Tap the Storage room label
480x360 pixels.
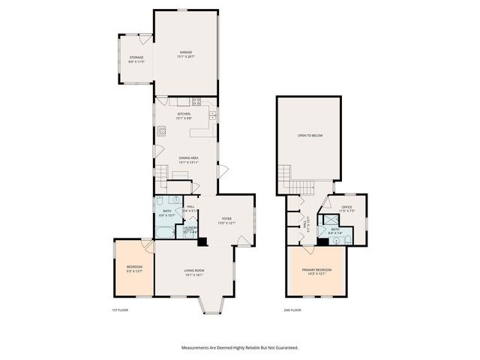tap(136, 58)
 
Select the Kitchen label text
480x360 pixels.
tap(184, 115)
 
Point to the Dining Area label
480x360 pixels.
tap(188, 159)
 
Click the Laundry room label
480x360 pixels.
tap(190, 230)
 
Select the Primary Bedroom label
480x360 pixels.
tap(316, 271)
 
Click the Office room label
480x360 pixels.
tap(346, 208)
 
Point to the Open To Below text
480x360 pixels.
tap(310, 136)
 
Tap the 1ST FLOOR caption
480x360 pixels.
tap(120, 310)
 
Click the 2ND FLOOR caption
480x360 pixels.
tap(292, 310)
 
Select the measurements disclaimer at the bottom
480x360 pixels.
tap(239, 348)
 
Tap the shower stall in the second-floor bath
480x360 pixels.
tap(328, 222)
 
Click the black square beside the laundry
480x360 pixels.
tap(201, 241)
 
